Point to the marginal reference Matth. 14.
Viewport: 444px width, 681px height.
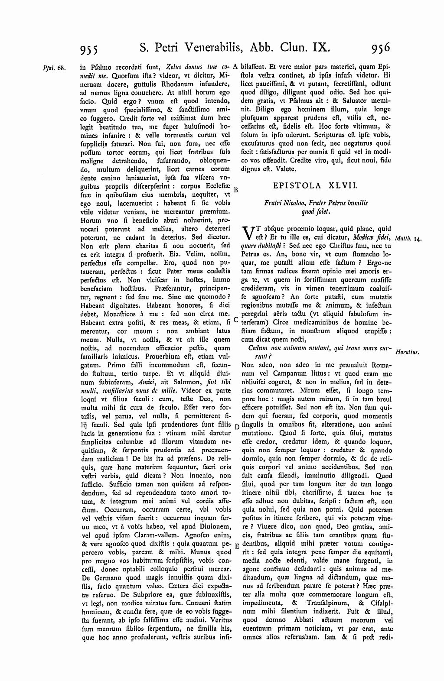409,238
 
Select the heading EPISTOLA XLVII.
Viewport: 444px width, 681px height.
316,185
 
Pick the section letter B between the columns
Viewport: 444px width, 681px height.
236,190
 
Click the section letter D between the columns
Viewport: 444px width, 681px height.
236,427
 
